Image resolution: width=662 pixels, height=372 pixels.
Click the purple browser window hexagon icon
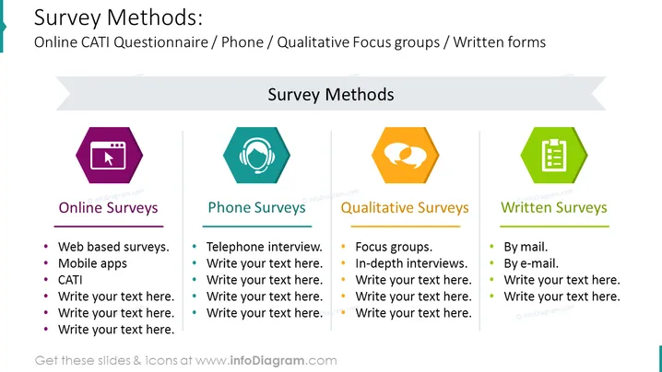click(x=110, y=156)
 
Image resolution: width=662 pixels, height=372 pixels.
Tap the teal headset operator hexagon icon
click(x=256, y=156)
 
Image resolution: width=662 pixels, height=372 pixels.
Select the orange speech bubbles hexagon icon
click(x=406, y=156)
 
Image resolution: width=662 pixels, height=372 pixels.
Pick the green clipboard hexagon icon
click(x=554, y=156)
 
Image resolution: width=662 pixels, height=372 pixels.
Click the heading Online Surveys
click(x=108, y=208)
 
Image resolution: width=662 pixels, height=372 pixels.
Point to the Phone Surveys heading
click(x=256, y=208)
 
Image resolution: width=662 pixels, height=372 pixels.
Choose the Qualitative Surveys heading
click(x=405, y=208)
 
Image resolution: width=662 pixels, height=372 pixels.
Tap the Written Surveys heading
click(x=554, y=208)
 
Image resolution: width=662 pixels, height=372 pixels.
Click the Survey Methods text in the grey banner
click(x=331, y=95)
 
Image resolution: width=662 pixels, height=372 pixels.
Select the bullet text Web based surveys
click(x=113, y=247)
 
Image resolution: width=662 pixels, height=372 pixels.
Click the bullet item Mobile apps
click(x=92, y=263)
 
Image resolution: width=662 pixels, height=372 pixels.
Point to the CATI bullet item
click(x=70, y=280)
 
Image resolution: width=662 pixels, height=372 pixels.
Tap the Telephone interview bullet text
click(x=265, y=247)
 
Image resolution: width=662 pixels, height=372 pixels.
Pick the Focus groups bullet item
click(x=394, y=247)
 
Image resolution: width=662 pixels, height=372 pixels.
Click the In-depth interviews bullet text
click(x=411, y=263)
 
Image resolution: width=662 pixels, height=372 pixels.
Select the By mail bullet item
click(x=526, y=247)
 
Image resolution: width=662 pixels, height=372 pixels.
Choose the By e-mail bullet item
click(x=531, y=263)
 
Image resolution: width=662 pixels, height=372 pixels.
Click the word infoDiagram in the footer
click(x=267, y=361)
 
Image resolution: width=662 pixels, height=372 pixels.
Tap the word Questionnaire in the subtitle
click(x=160, y=42)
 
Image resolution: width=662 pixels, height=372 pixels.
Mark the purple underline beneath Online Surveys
click(x=109, y=227)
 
